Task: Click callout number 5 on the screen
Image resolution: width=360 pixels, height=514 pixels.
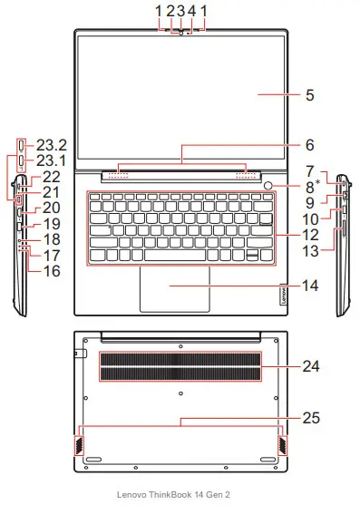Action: click(x=309, y=93)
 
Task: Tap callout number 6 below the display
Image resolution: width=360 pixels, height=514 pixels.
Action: click(x=309, y=144)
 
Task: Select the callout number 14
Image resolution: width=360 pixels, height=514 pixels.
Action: click(x=310, y=286)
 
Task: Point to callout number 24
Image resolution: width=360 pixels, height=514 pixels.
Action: click(x=312, y=367)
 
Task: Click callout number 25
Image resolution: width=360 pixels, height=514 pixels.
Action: click(x=312, y=419)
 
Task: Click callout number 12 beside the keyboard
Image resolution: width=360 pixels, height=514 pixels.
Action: click(x=310, y=233)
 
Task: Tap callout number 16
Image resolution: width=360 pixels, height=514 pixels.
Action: click(x=51, y=270)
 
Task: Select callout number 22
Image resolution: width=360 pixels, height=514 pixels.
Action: click(x=51, y=177)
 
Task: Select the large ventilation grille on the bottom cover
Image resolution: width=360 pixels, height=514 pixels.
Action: click(x=180, y=366)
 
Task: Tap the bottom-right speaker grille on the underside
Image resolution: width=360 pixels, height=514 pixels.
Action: click(x=282, y=441)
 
